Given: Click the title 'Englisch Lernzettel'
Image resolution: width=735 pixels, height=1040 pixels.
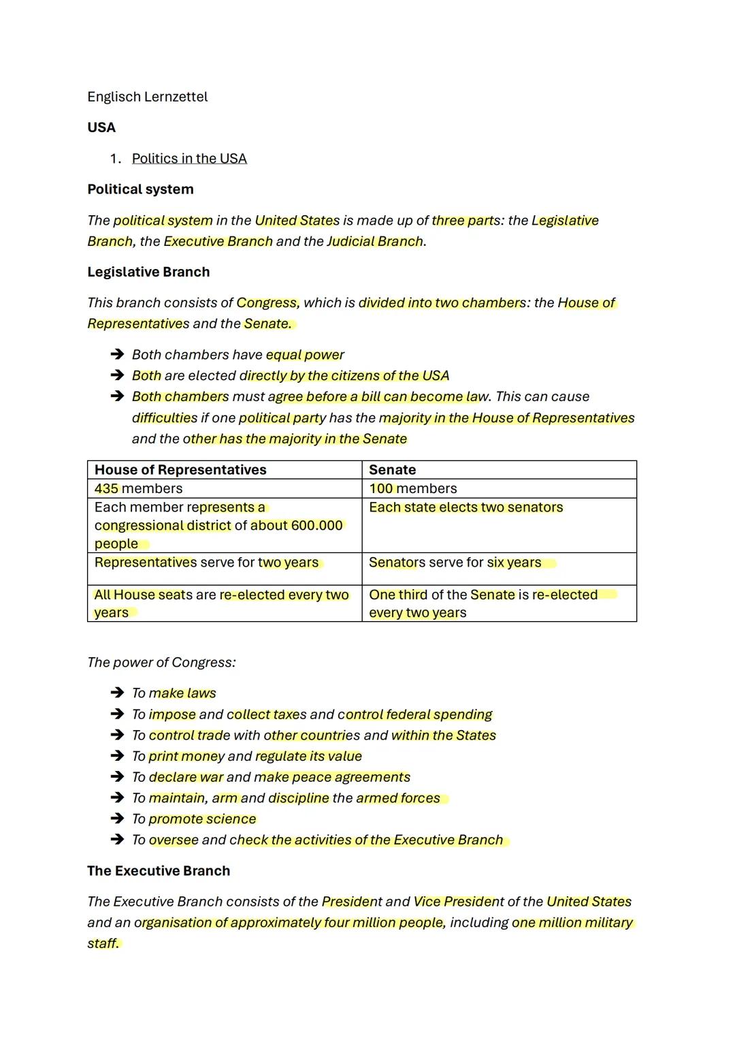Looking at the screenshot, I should click(x=147, y=97).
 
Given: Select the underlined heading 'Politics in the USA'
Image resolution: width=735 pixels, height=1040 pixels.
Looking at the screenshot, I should click(x=189, y=159).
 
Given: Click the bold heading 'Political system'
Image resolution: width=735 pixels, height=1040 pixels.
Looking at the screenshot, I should click(x=140, y=189).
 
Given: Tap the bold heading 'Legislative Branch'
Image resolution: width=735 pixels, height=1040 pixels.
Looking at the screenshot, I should click(x=148, y=272).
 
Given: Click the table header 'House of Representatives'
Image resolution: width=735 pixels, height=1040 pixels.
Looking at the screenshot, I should click(x=180, y=470).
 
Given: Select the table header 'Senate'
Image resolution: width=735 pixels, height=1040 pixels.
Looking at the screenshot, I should click(x=392, y=470).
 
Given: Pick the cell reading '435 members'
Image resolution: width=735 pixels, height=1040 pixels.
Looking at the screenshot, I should click(x=138, y=488).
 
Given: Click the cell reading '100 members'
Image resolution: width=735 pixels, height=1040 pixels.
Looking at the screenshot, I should click(x=412, y=488).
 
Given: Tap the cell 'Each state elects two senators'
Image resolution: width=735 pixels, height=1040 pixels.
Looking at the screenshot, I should click(x=465, y=507).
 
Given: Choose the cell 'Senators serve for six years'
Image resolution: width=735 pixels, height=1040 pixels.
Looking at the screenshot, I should click(x=455, y=563).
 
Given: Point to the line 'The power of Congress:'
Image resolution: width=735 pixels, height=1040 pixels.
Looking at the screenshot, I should click(x=161, y=663).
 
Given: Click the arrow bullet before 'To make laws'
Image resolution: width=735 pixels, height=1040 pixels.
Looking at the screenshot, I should click(x=117, y=693).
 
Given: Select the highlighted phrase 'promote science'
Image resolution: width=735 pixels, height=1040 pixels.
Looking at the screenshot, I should click(x=202, y=819).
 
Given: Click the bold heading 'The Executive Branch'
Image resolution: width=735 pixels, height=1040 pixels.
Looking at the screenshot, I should click(x=159, y=871).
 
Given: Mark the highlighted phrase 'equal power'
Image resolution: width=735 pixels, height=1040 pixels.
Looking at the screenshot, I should click(x=305, y=355).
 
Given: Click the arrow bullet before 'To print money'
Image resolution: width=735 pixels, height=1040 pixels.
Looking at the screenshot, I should click(x=117, y=756).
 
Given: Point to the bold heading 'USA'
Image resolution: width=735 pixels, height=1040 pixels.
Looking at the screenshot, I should click(x=101, y=127).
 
